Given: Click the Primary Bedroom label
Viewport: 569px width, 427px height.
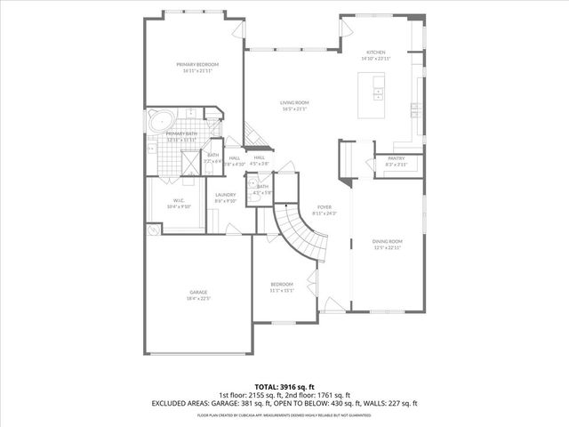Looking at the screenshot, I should [x=196, y=64].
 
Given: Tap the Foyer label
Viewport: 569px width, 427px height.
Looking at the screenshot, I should [x=325, y=207].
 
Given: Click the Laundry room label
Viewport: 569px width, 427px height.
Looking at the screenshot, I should [x=225, y=195].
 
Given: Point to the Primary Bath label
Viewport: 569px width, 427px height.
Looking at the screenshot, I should [x=180, y=133].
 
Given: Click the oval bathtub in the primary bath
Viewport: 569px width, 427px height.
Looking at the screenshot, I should [x=161, y=120].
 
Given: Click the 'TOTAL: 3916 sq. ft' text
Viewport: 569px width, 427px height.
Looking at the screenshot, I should [x=284, y=386].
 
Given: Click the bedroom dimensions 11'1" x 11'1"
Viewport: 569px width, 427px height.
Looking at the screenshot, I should [x=281, y=290].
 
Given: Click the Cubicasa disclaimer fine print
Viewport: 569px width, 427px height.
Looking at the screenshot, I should [x=284, y=415].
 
